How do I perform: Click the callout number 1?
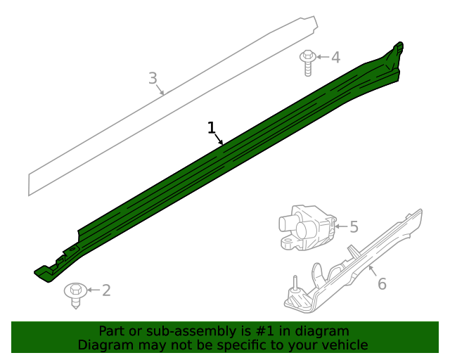[x=211, y=127]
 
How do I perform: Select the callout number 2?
[x=106, y=290]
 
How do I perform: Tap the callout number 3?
[x=153, y=78]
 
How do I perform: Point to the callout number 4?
[x=335, y=57]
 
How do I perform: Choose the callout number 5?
[x=354, y=226]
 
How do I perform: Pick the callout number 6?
[x=382, y=283]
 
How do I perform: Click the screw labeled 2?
[x=75, y=294]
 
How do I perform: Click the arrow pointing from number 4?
[x=322, y=57]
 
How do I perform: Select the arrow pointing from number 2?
[x=93, y=290]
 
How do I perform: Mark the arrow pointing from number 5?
[x=341, y=226]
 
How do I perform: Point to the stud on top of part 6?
[x=295, y=283]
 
